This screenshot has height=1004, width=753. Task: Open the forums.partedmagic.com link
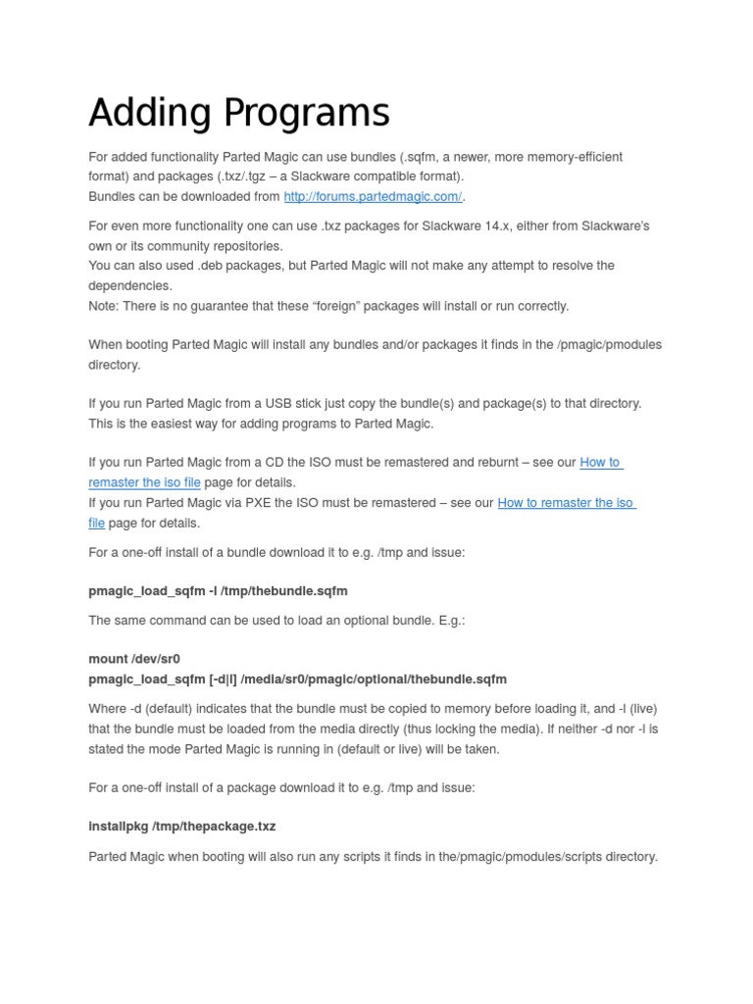pyautogui.click(x=373, y=196)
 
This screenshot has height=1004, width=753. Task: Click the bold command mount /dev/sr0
pyautogui.click(x=134, y=659)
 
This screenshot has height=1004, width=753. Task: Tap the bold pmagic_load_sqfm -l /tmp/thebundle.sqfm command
pyautogui.click(x=218, y=591)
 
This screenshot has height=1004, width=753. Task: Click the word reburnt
pyautogui.click(x=499, y=463)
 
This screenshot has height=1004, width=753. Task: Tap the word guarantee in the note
pyautogui.click(x=214, y=306)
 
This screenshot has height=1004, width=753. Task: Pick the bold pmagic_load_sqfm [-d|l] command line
pyautogui.click(x=297, y=678)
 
